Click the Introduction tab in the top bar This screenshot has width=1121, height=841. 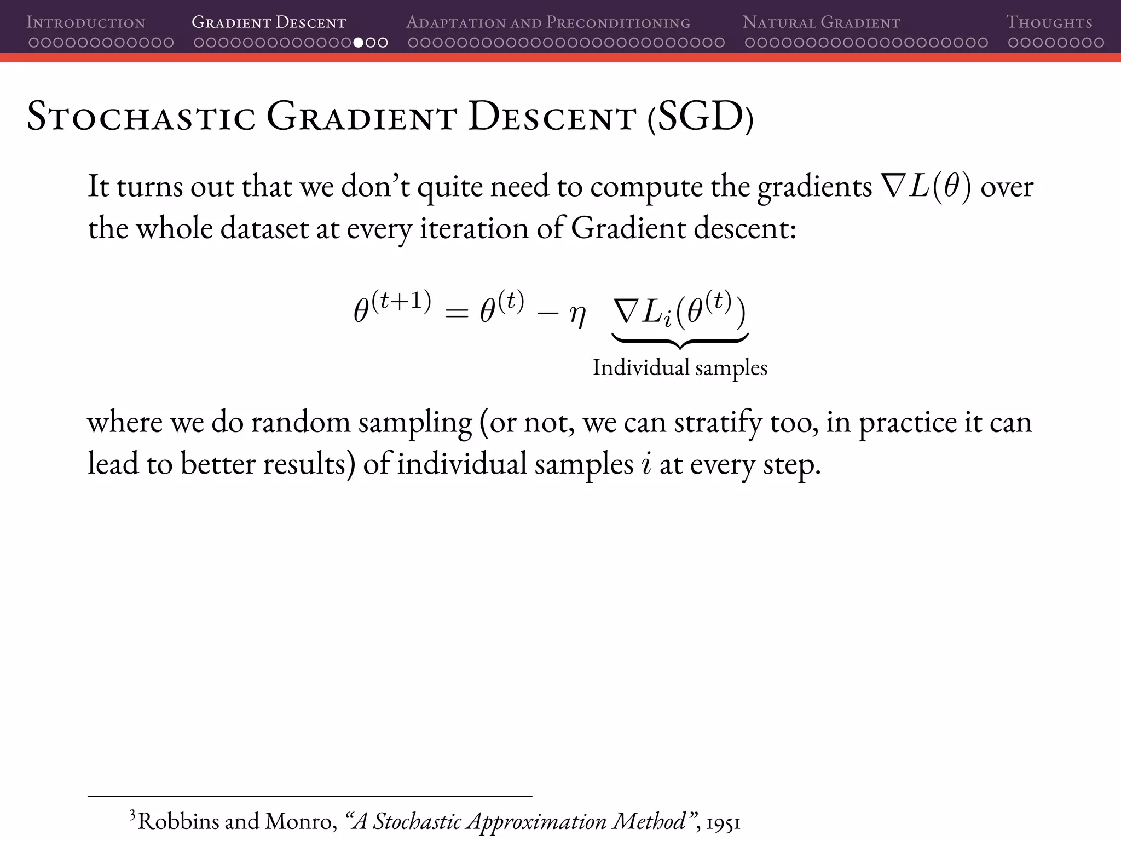coord(86,22)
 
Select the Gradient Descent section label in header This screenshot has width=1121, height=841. coord(269,22)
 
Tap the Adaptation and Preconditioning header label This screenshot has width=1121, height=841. coord(548,22)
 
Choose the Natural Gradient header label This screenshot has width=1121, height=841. coord(821,22)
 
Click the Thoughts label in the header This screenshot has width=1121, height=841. coord(1049,22)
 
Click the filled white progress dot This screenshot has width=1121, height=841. coord(359,43)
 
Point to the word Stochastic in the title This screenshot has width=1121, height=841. coord(141,117)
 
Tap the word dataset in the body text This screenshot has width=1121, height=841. coord(264,228)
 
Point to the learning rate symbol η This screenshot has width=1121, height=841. coord(577,316)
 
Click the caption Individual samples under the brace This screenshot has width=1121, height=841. coord(680,367)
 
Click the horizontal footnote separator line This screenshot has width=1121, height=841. coord(310,795)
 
